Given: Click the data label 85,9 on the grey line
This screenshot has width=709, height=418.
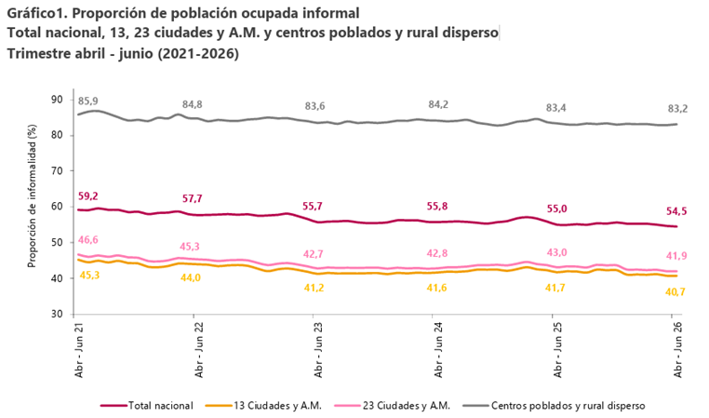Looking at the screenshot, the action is pos(87,101).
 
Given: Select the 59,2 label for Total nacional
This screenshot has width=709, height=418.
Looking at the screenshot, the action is pos(87,196).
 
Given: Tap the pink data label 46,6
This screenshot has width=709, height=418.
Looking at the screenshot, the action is pos(87,240).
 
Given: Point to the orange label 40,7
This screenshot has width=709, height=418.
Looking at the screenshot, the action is pos(676,292).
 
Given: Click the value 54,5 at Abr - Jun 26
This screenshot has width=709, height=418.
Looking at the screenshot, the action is pos(676,211).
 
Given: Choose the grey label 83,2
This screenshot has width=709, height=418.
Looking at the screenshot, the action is pos(677,109).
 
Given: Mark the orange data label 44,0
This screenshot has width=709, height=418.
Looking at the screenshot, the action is pos(191,277).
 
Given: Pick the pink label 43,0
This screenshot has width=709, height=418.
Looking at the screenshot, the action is pos(556,252).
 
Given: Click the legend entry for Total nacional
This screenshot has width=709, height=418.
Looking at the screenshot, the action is pos(146,406).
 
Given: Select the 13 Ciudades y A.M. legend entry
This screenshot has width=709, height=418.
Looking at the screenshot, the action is pos(263,406).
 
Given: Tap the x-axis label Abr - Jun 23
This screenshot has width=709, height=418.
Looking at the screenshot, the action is pos(319,350).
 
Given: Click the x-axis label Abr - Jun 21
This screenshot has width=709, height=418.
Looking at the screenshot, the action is pos(79,350).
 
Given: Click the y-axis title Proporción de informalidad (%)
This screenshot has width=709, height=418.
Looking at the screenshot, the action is pos(33,196).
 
